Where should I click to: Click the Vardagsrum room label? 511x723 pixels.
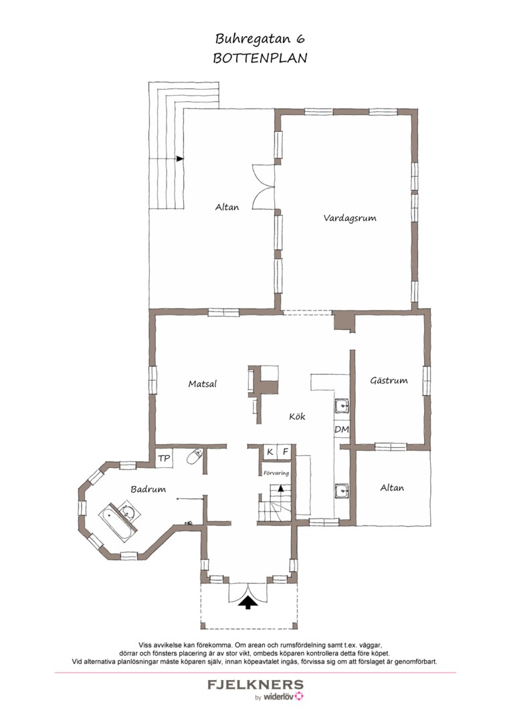click(350, 218)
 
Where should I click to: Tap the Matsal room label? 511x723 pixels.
click(202, 384)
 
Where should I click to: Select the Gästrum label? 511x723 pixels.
click(389, 381)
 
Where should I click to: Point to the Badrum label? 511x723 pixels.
click(148, 489)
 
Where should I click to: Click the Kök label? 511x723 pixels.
click(297, 416)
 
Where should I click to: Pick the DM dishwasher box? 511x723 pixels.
click(341, 430)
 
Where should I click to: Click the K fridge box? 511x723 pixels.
click(270, 453)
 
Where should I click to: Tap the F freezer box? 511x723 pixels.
click(285, 453)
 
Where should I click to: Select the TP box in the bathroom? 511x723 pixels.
click(164, 459)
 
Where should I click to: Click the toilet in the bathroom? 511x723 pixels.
click(195, 456)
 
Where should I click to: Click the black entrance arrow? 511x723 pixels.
click(248, 602)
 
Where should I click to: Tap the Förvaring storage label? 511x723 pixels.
click(276, 473)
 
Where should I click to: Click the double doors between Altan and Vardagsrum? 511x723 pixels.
click(263, 187)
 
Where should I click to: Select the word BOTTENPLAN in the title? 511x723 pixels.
click(260, 58)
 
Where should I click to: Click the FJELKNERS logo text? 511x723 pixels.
click(255, 685)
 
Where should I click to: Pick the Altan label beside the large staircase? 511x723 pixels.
click(227, 208)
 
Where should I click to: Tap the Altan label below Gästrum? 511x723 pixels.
click(392, 488)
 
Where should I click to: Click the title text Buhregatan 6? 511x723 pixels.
click(260, 39)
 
